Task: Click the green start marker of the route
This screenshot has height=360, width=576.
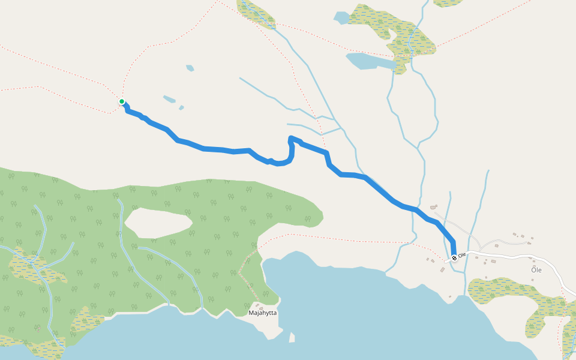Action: point(122,102)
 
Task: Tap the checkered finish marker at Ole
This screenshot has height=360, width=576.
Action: point(454,258)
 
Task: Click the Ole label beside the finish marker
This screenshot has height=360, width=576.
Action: point(462,256)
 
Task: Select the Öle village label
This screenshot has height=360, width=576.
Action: point(536,270)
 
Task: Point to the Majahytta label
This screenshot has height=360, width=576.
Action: point(263,313)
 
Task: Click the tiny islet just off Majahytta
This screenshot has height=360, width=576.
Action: point(292,337)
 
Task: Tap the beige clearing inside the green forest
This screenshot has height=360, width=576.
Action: point(158,222)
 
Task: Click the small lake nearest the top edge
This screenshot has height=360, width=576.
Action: point(342,18)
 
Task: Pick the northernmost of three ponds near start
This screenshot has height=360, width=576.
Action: point(190,68)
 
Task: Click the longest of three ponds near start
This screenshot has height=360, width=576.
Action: point(169,99)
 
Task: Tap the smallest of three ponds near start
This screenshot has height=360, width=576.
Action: point(181,108)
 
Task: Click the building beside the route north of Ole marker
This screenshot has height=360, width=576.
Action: point(434,207)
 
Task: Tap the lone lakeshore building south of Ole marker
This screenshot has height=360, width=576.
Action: point(451,296)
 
